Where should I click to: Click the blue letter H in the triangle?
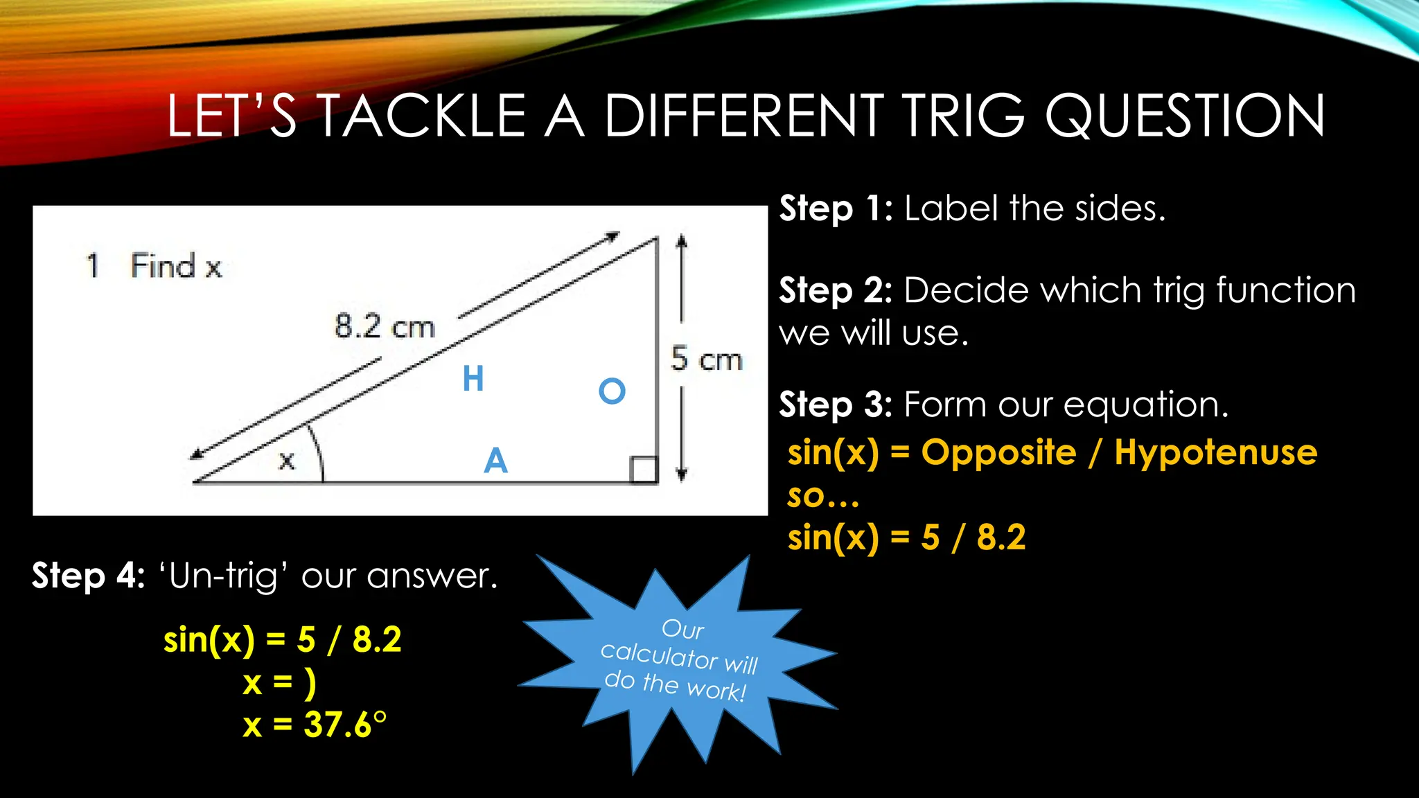pos(473,379)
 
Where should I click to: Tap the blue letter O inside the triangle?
pos(612,391)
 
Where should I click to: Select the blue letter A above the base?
pos(495,461)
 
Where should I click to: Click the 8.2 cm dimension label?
pos(385,326)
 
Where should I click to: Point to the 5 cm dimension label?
pos(706,360)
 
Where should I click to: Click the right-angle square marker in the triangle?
pos(644,469)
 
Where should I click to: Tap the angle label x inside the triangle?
pos(287,460)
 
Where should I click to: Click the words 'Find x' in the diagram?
pos(176,266)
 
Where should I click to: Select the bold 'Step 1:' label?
pos(836,209)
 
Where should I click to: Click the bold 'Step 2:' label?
pos(836,290)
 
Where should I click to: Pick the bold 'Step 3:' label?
pos(836,405)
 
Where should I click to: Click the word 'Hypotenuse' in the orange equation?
pos(1216,453)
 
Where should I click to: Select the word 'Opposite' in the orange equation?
pos(998,453)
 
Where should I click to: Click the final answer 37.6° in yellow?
pos(344,725)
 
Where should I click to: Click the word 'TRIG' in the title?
pos(964,116)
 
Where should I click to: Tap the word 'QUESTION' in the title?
pos(1185,116)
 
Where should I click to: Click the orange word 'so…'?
pos(823,496)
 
